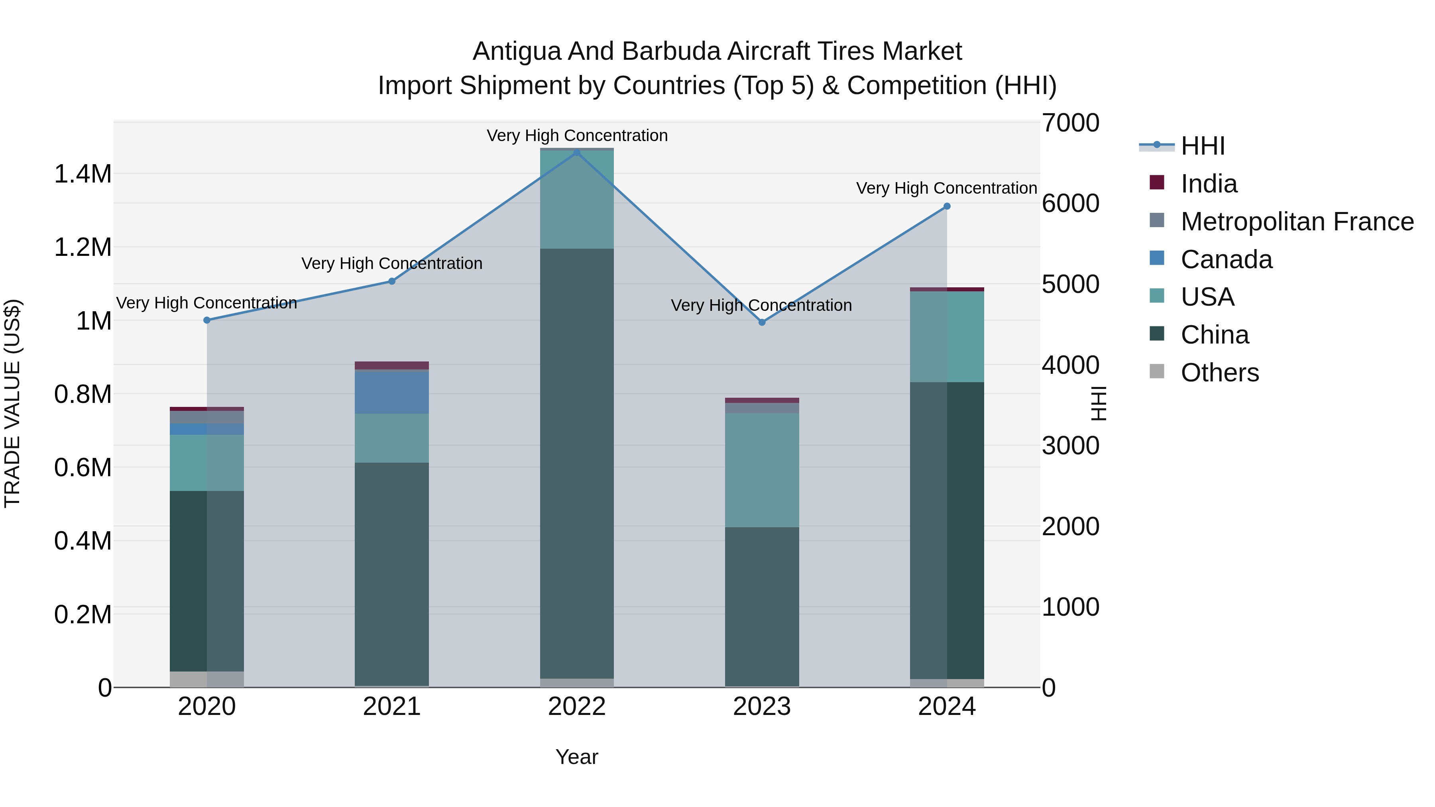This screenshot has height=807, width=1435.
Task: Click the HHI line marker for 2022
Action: pos(576,153)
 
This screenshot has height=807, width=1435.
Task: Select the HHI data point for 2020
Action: pos(206,320)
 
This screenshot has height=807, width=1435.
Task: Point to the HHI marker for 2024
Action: pos(946,206)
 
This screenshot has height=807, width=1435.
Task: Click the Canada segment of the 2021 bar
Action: pos(391,391)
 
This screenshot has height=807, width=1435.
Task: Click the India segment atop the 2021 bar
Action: pos(391,365)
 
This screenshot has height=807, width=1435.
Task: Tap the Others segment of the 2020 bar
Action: pos(206,679)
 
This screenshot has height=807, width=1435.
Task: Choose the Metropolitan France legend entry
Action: pos(1297,222)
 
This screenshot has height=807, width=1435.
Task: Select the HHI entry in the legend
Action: pos(1202,146)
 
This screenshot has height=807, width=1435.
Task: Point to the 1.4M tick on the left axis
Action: pos(83,174)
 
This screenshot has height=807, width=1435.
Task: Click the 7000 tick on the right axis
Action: pos(1070,123)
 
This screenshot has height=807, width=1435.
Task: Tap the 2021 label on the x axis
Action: pos(391,707)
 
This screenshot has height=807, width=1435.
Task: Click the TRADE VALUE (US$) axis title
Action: pos(13,403)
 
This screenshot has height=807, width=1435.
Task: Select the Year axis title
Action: pos(576,757)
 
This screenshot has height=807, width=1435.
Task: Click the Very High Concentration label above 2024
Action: pos(946,188)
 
